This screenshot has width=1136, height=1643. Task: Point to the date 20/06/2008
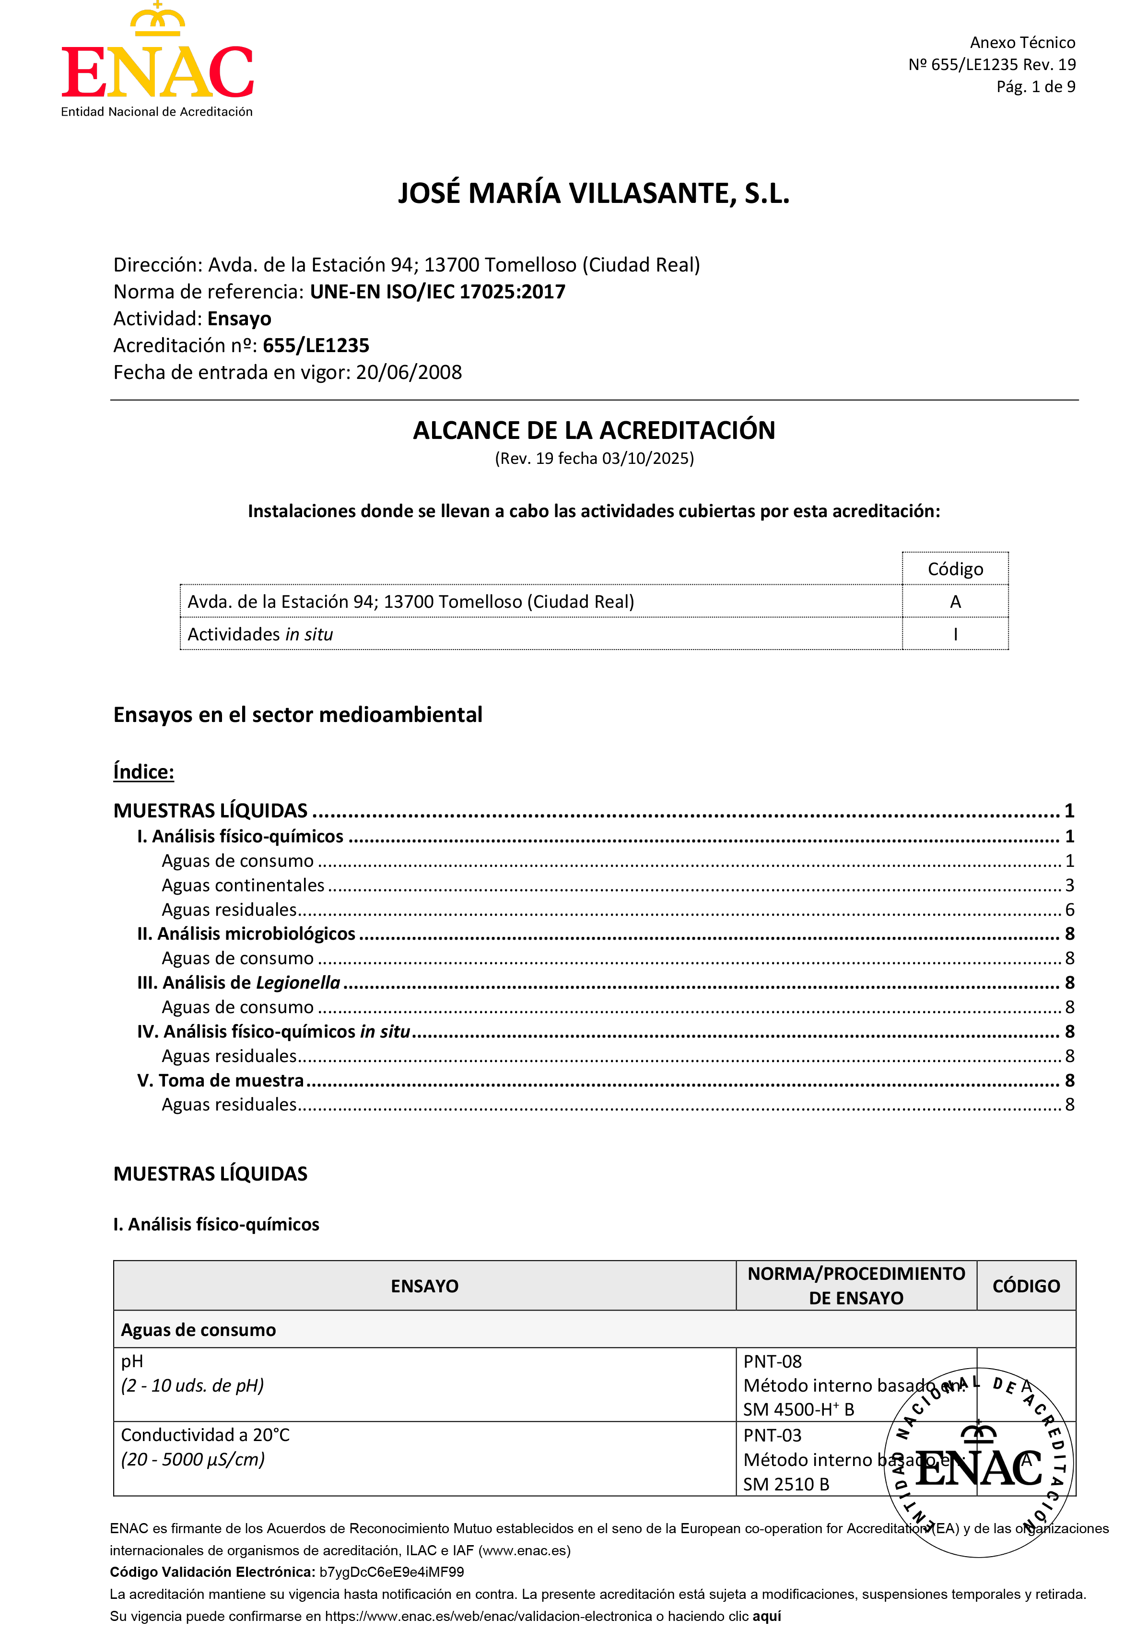pyautogui.click(x=409, y=372)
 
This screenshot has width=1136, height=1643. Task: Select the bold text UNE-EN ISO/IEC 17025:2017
pyautogui.click(x=437, y=292)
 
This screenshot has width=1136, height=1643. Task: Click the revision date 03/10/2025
pyautogui.click(x=646, y=459)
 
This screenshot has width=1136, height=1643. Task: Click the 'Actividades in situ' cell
pyautogui.click(x=260, y=634)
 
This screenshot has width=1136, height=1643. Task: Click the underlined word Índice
pyautogui.click(x=144, y=772)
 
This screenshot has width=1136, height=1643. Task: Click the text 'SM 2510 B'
pyautogui.click(x=786, y=1484)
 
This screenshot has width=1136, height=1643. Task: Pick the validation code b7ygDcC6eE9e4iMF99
pyautogui.click(x=391, y=1572)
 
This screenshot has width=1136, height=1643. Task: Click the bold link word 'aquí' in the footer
pyautogui.click(x=767, y=1616)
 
